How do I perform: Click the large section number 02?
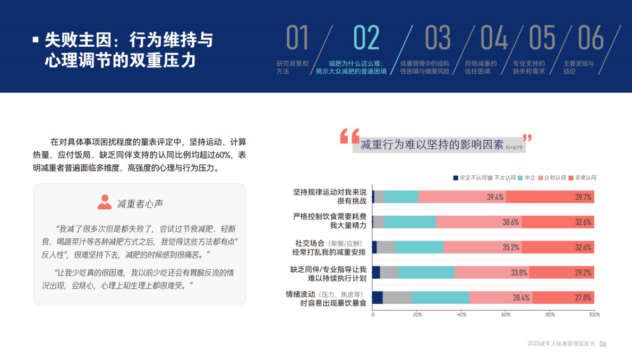tap(366, 38)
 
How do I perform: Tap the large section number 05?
tap(542, 38)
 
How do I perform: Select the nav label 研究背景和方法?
tap(292, 67)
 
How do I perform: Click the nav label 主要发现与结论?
tap(578, 67)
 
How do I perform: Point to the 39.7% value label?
tap(583, 197)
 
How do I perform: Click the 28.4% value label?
tap(521, 297)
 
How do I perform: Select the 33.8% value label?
tap(519, 272)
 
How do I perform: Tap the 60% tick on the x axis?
tap(506, 315)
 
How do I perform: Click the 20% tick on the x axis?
tap(417, 315)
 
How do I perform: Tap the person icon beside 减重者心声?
tap(105, 202)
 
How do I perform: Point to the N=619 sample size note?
tap(514, 147)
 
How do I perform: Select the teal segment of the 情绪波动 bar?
tap(440, 297)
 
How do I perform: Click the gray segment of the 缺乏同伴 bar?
tap(389, 272)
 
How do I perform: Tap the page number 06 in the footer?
tap(603, 344)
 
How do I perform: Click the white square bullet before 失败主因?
tap(36, 39)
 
